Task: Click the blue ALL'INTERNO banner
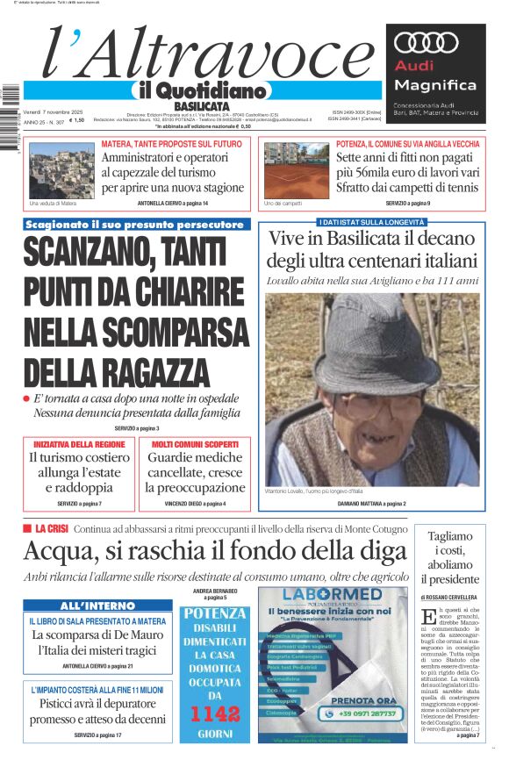(97, 606)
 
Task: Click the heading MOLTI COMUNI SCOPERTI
(195, 444)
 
